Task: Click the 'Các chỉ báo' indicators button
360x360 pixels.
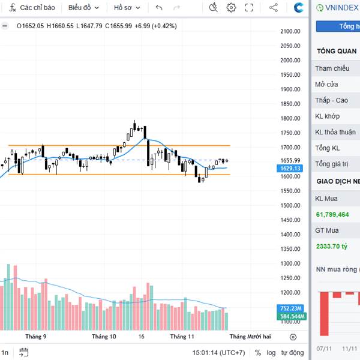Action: coord(33,8)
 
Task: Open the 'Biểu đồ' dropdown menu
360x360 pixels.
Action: coord(83,8)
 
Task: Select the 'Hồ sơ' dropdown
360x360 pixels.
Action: coord(127,8)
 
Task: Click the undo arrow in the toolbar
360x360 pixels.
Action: coord(159,8)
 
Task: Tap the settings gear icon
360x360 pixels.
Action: coord(232,8)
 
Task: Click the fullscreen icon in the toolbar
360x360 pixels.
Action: coord(250,8)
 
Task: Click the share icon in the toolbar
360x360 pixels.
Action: coord(274,8)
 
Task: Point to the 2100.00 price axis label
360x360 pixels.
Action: coord(290,31)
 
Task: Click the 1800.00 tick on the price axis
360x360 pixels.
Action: coord(290,118)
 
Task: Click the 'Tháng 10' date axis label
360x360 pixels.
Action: coord(104,337)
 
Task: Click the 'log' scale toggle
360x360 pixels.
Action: coord(272,353)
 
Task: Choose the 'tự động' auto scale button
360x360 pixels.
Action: coord(292,353)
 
